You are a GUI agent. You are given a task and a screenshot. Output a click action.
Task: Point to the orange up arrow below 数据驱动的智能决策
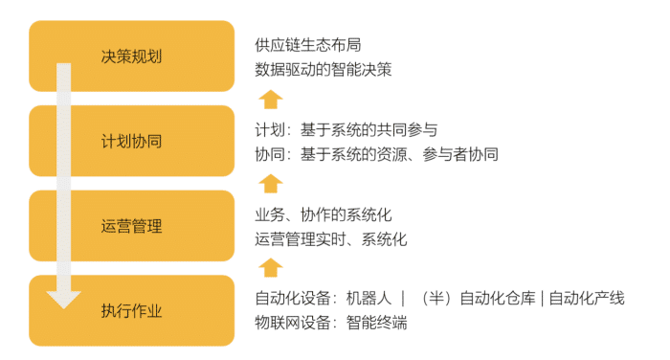pyautogui.click(x=272, y=98)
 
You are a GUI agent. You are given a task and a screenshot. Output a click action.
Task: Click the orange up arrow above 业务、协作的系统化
pyautogui.click(x=272, y=183)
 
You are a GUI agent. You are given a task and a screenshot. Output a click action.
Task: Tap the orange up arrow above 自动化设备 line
pyautogui.click(x=272, y=267)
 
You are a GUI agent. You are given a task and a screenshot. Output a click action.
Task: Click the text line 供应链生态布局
pyautogui.click(x=308, y=45)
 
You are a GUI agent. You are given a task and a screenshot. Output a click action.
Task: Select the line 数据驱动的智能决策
pyautogui.click(x=324, y=69)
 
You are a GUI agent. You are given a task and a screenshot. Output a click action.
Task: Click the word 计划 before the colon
pyautogui.click(x=270, y=130)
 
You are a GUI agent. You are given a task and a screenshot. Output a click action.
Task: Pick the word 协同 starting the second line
pyautogui.click(x=270, y=154)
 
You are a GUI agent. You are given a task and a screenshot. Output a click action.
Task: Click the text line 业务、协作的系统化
pyautogui.click(x=324, y=214)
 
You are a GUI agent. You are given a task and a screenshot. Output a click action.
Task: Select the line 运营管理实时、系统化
pyautogui.click(x=331, y=239)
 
